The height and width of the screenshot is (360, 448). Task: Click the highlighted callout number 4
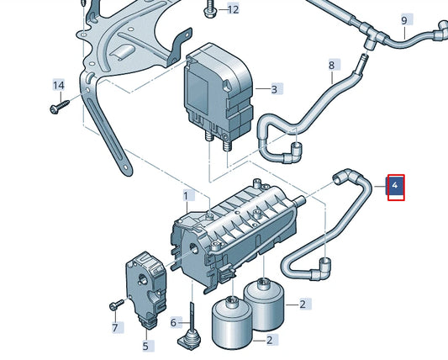click(x=395, y=186)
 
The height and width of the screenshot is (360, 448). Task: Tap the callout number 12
click(x=233, y=9)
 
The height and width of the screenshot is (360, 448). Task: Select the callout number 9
click(x=404, y=20)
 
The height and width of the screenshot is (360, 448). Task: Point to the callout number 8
click(x=331, y=65)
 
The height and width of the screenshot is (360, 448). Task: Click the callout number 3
click(x=273, y=88)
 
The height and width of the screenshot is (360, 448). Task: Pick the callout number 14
click(x=59, y=86)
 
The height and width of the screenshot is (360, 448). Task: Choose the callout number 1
click(x=186, y=196)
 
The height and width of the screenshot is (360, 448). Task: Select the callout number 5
click(x=145, y=345)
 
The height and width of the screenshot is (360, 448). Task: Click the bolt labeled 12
click(x=207, y=12)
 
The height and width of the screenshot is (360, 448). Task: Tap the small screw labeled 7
click(x=113, y=304)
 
